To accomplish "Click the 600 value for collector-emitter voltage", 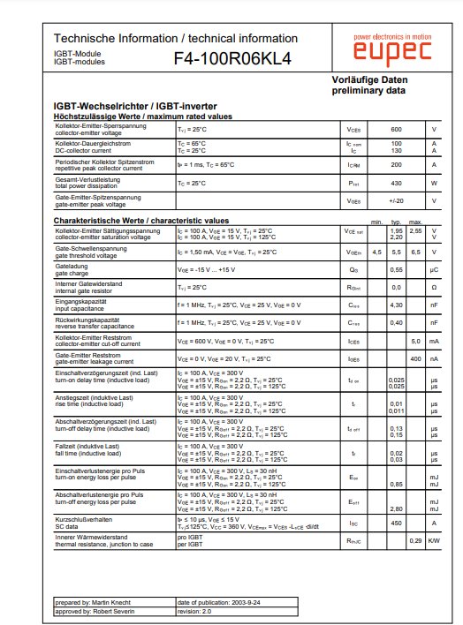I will coord(396,129).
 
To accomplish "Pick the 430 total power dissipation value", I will coord(396,183).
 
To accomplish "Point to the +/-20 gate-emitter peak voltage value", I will coord(396,200).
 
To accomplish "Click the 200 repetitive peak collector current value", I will coord(396,165).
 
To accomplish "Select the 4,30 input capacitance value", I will coord(397,305).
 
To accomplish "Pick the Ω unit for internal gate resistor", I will coord(434,287).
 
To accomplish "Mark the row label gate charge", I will coord(72,272).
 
